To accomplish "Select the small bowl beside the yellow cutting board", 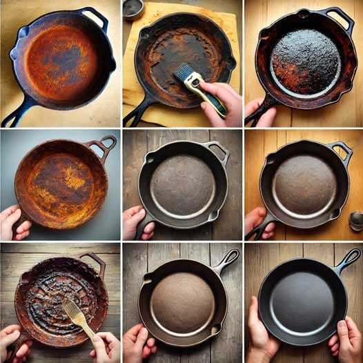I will (x=133, y=8).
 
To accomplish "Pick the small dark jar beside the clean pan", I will (x=356, y=221).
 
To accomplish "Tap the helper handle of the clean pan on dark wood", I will (x=218, y=150).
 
